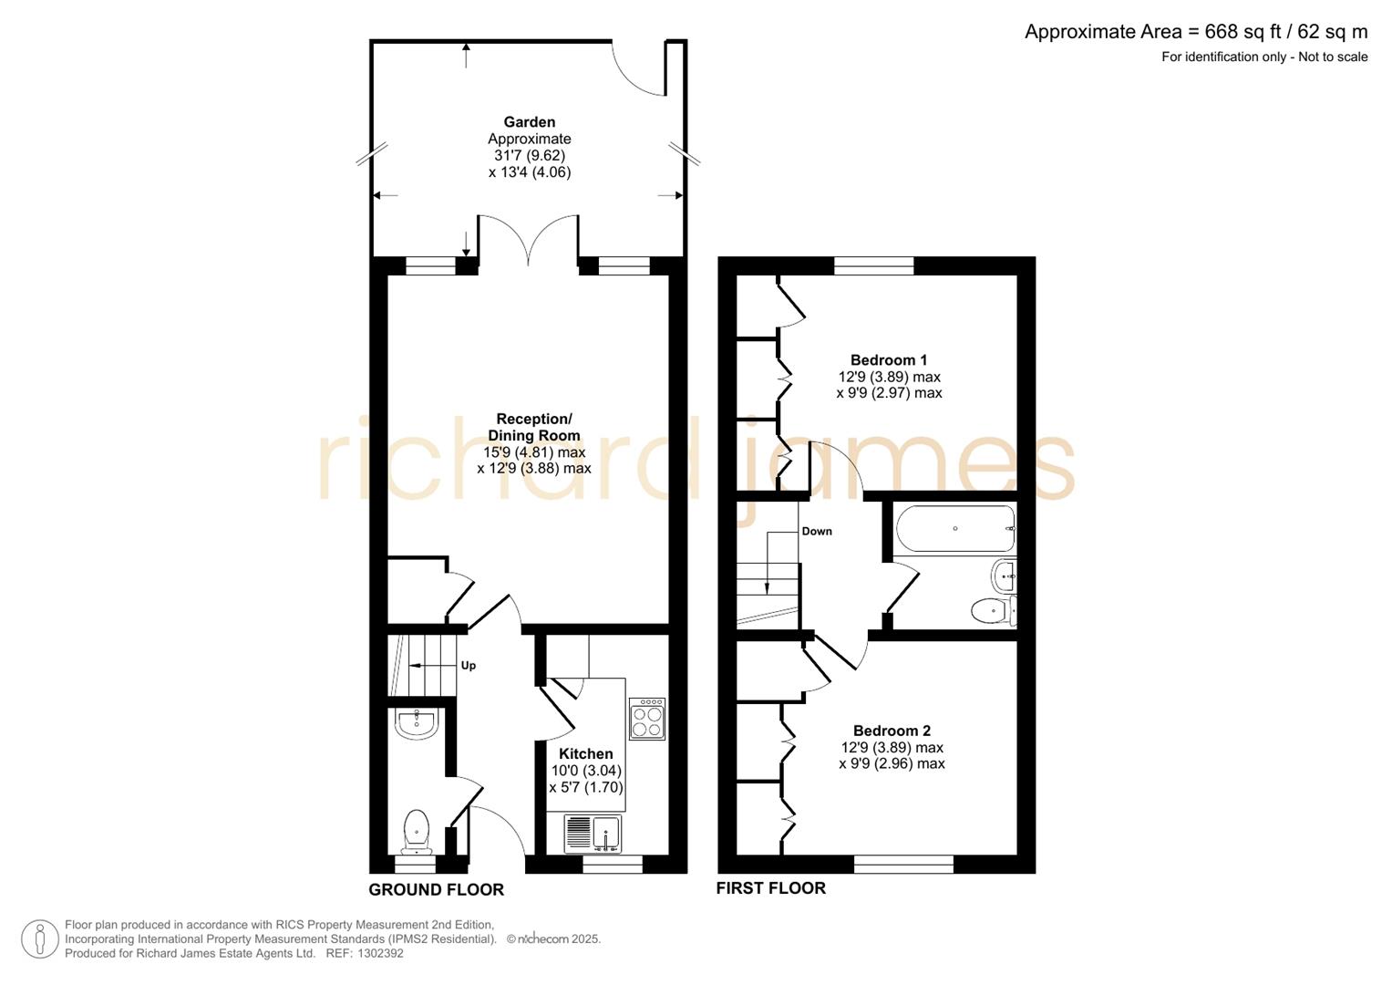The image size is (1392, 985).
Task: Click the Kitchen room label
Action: (x=585, y=753)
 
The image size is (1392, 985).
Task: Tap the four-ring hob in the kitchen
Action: (x=646, y=719)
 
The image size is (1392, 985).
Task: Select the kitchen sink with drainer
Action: (x=593, y=833)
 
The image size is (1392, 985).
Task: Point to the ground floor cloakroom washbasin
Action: (x=418, y=724)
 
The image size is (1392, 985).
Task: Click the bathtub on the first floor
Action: (x=954, y=529)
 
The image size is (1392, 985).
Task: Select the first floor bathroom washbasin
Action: (x=1004, y=575)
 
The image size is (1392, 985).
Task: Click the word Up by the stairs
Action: (x=468, y=666)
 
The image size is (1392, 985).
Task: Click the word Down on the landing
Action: (x=817, y=531)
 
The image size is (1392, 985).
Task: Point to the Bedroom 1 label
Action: (x=888, y=360)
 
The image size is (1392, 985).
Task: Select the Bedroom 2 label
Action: (x=892, y=731)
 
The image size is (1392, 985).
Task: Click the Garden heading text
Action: (x=530, y=122)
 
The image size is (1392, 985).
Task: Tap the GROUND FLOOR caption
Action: (x=436, y=889)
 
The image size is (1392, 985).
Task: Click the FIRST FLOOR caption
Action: (x=770, y=888)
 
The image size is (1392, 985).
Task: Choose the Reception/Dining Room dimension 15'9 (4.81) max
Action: (x=534, y=452)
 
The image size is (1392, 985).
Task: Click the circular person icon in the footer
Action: (x=40, y=938)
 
